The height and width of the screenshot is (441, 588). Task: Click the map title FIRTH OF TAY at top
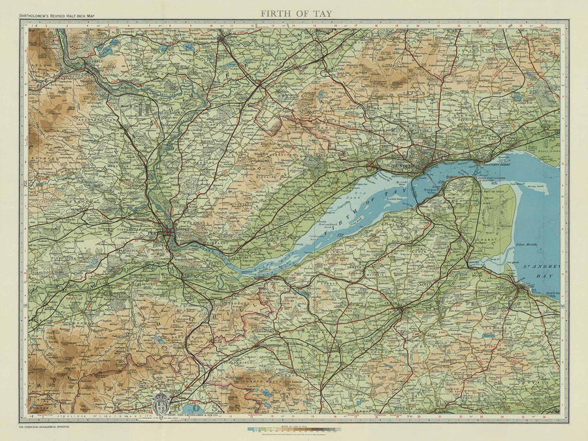(x=294, y=12)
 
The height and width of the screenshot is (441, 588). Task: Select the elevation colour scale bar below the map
(x=294, y=430)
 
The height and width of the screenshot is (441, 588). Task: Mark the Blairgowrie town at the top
(x=222, y=37)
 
